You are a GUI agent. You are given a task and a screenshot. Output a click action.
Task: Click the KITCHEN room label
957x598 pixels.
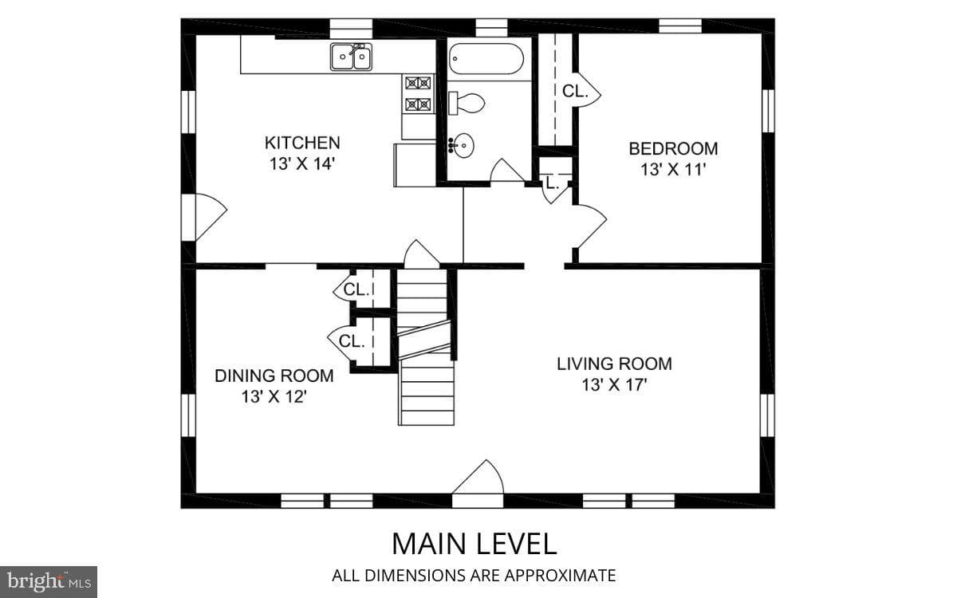(302, 143)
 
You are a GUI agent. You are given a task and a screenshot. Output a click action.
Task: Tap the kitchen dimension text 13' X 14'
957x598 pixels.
(301, 163)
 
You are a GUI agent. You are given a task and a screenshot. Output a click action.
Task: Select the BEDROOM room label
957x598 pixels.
(673, 148)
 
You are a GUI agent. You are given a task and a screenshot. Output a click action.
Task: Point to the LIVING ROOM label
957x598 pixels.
(614, 364)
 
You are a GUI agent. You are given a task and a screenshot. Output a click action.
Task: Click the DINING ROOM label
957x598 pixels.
(274, 376)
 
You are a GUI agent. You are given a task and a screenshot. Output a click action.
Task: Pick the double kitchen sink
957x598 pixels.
(351, 57)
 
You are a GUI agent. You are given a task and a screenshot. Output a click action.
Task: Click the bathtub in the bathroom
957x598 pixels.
(486, 59)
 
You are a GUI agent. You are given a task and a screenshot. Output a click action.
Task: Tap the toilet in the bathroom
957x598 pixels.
(467, 103)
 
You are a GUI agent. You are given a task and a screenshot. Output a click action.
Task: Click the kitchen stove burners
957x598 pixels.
(418, 93)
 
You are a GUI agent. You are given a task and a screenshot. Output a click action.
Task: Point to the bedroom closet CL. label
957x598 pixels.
(575, 92)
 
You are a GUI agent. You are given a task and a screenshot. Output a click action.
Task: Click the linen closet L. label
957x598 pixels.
(553, 184)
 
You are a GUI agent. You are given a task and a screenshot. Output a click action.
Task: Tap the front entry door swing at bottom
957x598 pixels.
(478, 477)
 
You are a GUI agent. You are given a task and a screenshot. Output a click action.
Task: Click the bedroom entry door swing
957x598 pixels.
(591, 226)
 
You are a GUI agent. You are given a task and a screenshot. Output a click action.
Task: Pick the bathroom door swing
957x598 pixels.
(506, 170)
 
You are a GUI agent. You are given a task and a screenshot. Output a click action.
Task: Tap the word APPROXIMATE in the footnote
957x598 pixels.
(560, 576)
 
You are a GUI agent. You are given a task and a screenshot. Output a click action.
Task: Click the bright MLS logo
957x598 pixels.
(49, 582)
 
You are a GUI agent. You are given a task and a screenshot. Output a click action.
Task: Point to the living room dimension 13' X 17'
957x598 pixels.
(614, 385)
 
